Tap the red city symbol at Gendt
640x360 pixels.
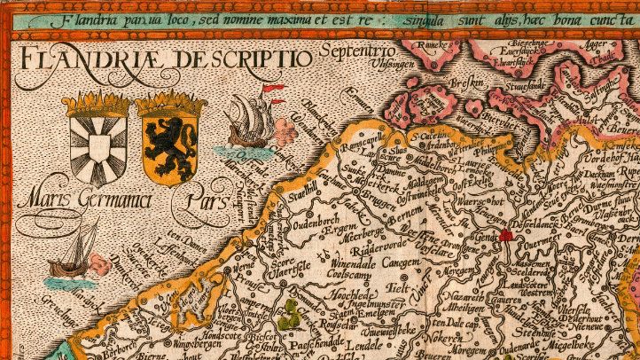(506, 235)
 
